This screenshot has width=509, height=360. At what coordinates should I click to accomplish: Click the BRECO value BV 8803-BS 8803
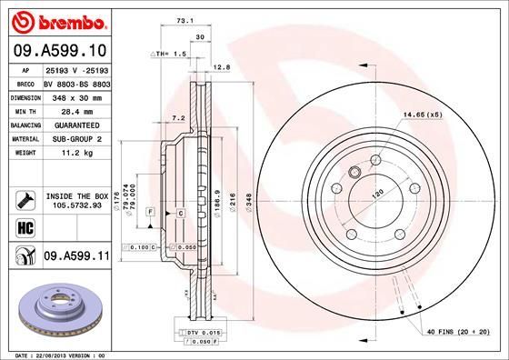(x=77, y=81)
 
